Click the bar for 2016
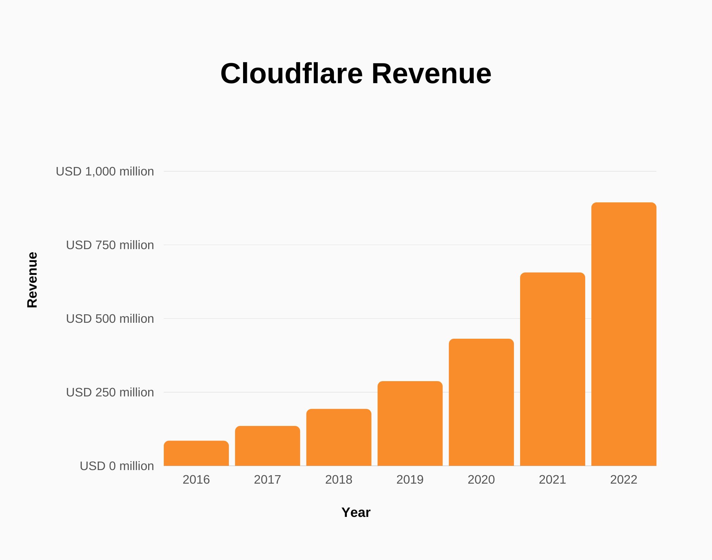point(196,453)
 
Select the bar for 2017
point(268,446)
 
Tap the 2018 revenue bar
point(339,437)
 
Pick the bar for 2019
point(410,424)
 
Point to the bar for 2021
point(553,369)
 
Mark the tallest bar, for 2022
point(624,334)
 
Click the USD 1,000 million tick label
point(105,171)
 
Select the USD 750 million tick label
point(110,245)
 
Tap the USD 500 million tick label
point(110,319)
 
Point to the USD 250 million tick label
point(110,392)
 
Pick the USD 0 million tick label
point(117,466)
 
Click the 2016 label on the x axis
point(196,480)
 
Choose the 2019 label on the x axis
point(410,480)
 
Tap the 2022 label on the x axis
point(624,480)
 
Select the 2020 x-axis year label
point(481,480)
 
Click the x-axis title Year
point(356,512)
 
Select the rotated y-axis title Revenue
point(32,280)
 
